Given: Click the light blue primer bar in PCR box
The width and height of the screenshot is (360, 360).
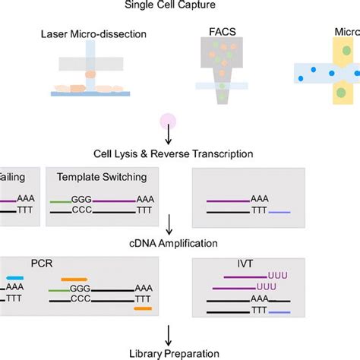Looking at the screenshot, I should [14, 279].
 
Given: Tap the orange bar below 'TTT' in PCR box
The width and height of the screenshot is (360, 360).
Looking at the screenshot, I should [143, 309].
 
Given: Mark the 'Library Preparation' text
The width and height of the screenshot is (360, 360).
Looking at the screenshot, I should [178, 352].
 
